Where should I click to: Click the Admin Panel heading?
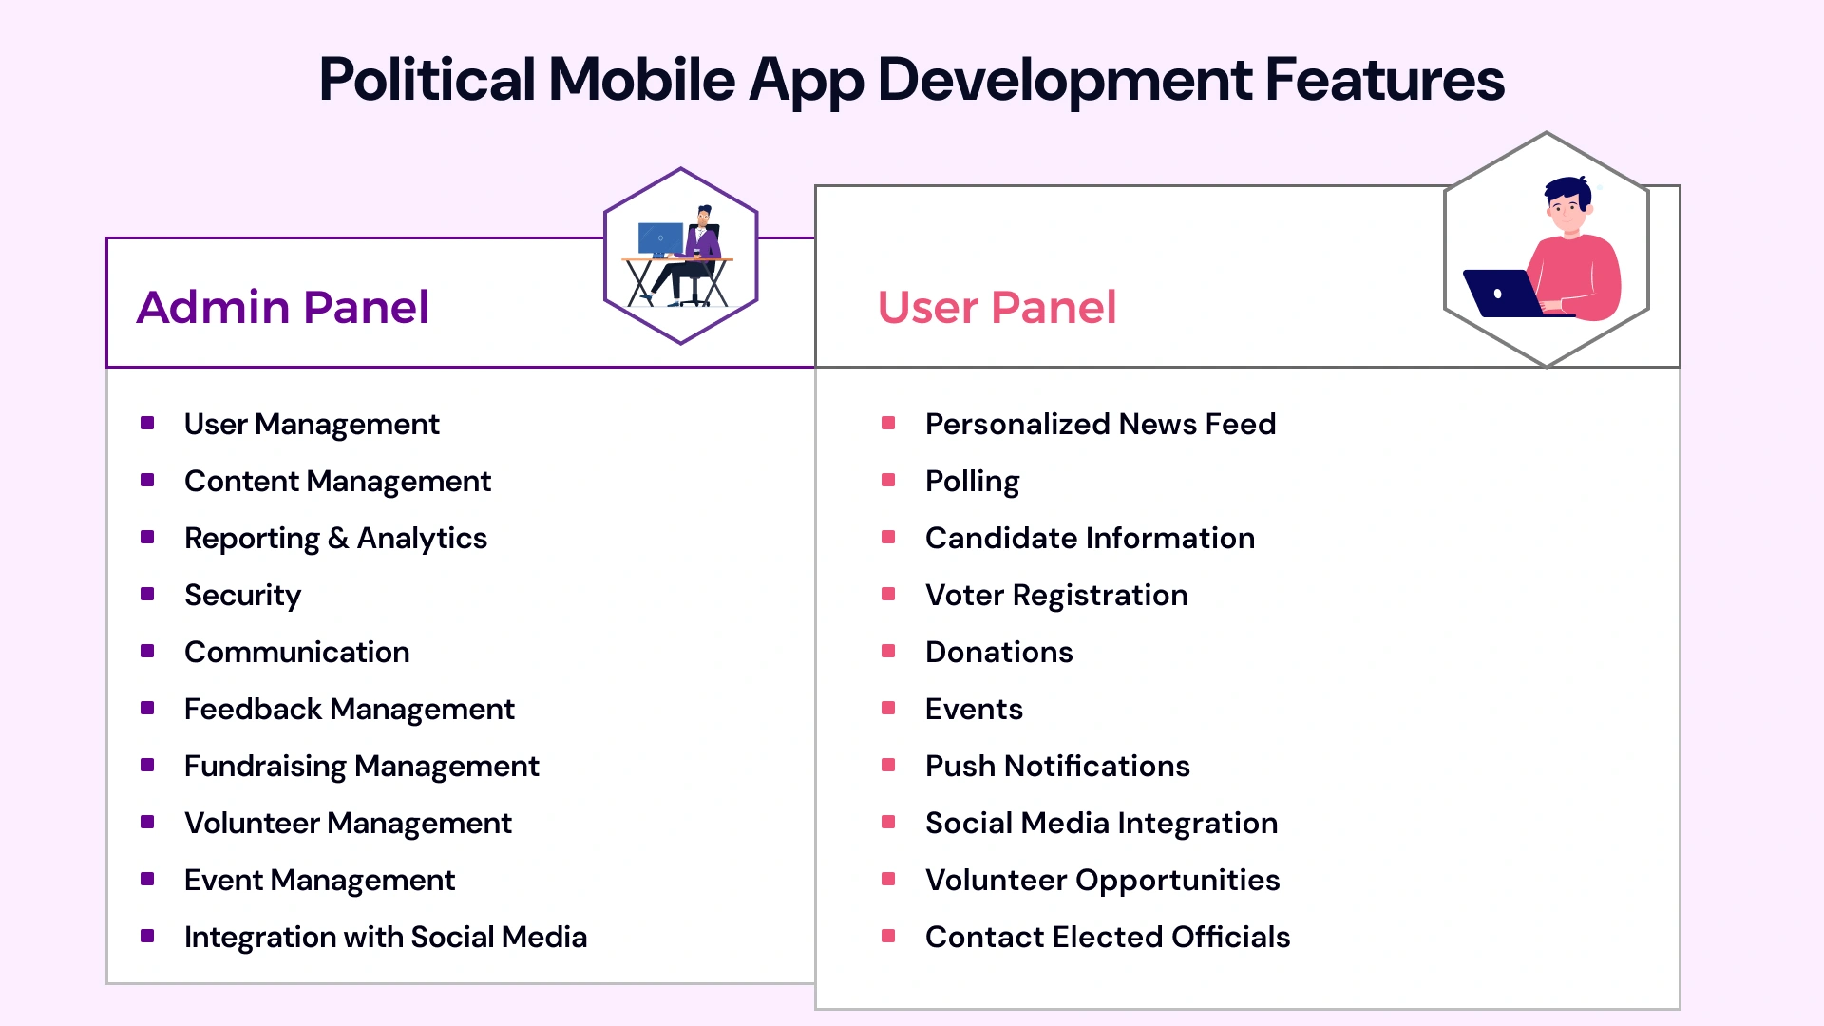pos(282,307)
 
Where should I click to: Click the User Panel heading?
pos(997,307)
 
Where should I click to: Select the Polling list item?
pos(972,481)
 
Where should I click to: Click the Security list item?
pos(242,595)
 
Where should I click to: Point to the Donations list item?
pos(998,652)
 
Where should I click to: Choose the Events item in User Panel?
pos(974,709)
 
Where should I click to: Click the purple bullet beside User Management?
pos(147,423)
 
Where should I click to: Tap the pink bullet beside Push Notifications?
pos(888,765)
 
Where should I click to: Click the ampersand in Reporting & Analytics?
pos(338,538)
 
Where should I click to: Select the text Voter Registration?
pos(1056,595)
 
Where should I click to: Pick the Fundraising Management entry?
pos(361,766)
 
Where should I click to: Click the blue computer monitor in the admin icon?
pos(659,237)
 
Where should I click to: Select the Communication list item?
pos(296,652)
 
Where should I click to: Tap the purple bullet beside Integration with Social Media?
pos(147,936)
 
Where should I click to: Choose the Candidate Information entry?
pos(1090,538)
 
